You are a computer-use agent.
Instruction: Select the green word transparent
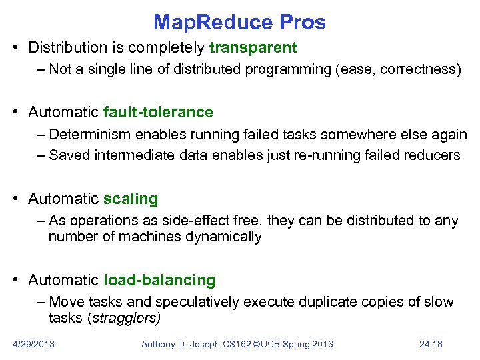click(253, 48)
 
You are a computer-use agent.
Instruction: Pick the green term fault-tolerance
click(159, 112)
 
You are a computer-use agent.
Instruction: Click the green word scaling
click(131, 199)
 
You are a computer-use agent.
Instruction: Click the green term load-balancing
click(160, 280)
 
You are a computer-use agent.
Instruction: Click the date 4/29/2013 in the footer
click(33, 344)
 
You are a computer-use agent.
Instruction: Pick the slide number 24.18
click(431, 344)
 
